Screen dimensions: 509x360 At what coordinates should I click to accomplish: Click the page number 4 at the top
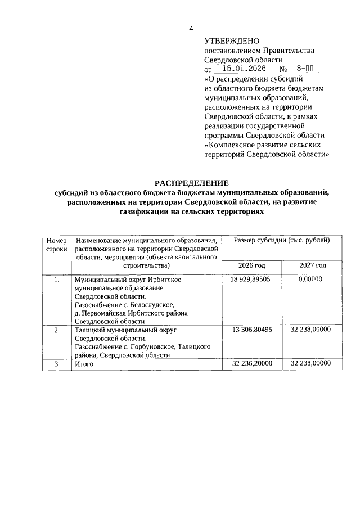tap(191, 29)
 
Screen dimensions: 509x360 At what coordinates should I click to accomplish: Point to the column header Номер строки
tap(56, 245)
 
